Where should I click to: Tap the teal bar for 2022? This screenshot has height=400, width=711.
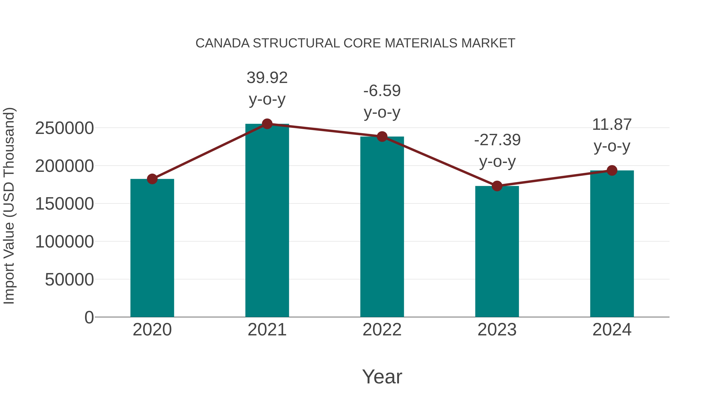pyautogui.click(x=382, y=227)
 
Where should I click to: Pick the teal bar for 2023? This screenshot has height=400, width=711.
pyautogui.click(x=497, y=251)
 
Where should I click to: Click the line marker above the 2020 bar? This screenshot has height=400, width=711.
pyautogui.click(x=152, y=179)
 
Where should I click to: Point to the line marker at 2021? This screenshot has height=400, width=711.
pyautogui.click(x=267, y=124)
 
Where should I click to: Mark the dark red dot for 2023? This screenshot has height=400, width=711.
pyautogui.click(x=497, y=186)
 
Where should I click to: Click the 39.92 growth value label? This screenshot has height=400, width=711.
pyautogui.click(x=267, y=78)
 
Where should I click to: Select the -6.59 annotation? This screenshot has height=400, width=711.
pyautogui.click(x=382, y=91)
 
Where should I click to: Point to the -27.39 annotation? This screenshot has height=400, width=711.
pyautogui.click(x=497, y=140)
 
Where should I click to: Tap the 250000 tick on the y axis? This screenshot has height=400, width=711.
pyautogui.click(x=64, y=128)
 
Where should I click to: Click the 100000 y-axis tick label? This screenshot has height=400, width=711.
pyautogui.click(x=64, y=242)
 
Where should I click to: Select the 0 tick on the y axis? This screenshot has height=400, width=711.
pyautogui.click(x=89, y=317)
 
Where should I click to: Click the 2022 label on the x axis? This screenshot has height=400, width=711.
pyautogui.click(x=382, y=330)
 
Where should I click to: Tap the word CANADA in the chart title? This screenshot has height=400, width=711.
pyautogui.click(x=222, y=43)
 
